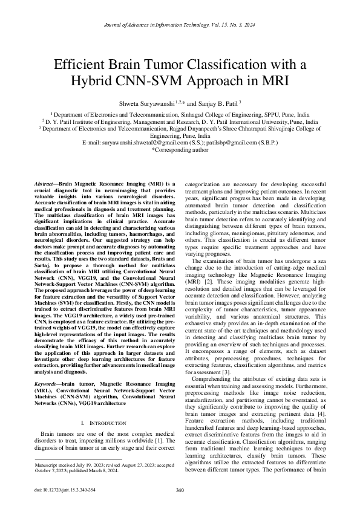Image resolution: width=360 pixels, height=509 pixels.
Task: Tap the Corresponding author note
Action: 180,149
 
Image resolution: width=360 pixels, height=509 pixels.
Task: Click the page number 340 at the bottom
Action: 180,489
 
